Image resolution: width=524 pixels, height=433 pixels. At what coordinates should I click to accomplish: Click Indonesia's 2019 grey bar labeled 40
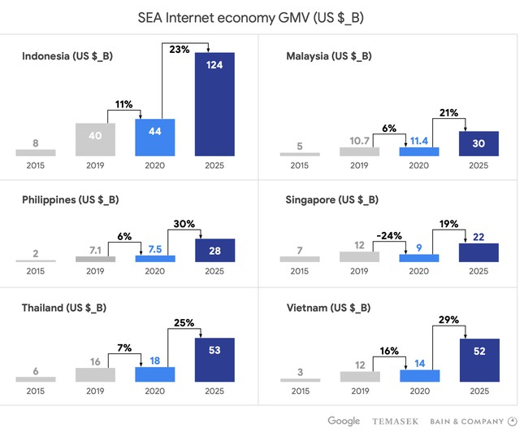(95, 139)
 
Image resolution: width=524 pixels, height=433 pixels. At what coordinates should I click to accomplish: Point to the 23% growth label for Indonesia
(178, 49)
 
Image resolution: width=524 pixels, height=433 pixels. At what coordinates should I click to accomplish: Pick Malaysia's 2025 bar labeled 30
(479, 143)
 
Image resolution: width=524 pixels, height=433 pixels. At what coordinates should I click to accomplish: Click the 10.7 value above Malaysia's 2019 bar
(360, 140)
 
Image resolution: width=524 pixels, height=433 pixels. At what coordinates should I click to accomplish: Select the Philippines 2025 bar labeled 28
(215, 251)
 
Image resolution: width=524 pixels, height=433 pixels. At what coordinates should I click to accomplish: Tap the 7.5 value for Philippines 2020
(155, 249)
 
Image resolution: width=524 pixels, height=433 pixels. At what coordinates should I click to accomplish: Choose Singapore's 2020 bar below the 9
(419, 259)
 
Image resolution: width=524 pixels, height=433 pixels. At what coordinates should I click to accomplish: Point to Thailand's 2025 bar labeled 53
(215, 360)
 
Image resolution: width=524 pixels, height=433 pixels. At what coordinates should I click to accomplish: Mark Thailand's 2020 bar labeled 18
(155, 374)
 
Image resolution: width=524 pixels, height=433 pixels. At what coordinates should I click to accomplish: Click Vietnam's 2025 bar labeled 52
(479, 360)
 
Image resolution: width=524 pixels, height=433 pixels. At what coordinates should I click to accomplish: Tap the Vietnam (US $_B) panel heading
(328, 308)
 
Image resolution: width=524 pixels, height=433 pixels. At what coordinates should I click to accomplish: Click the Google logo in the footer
(344, 421)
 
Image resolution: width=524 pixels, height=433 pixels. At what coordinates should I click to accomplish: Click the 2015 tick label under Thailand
(36, 391)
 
